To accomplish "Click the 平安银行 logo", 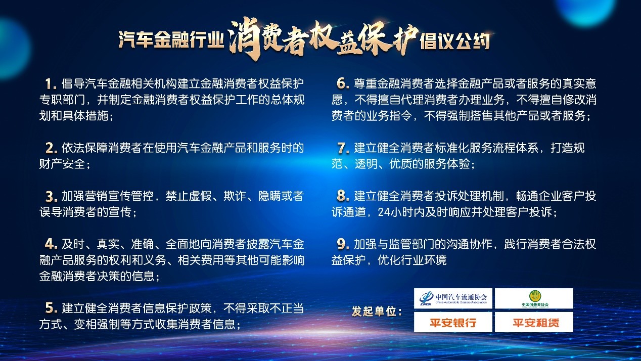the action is click(453, 323).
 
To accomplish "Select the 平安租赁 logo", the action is click(534, 323).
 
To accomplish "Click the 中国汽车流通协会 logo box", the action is click(453, 299).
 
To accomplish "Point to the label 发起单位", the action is click(377, 311).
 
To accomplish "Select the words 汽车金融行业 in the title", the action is click(171, 39).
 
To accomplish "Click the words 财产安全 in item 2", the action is click(62, 164).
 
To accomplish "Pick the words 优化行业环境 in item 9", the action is click(412, 260).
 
